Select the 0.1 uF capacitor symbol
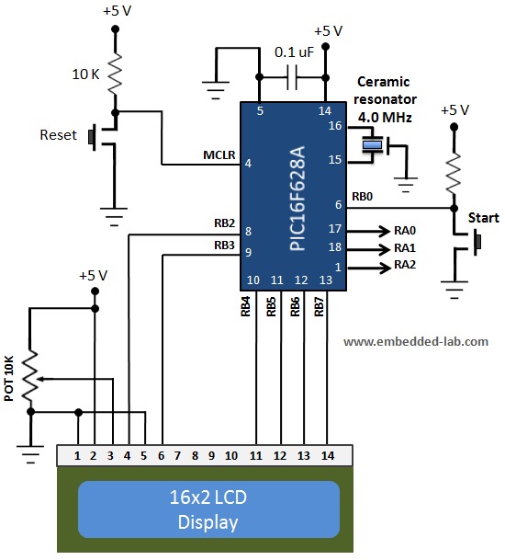click(293, 78)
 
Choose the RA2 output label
click(405, 265)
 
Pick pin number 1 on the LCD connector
click(79, 454)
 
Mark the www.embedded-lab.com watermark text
click(416, 340)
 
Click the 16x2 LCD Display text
click(208, 510)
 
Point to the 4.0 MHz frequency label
click(386, 118)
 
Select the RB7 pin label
click(319, 306)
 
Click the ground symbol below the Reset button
click(115, 218)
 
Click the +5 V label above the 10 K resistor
click(116, 13)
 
